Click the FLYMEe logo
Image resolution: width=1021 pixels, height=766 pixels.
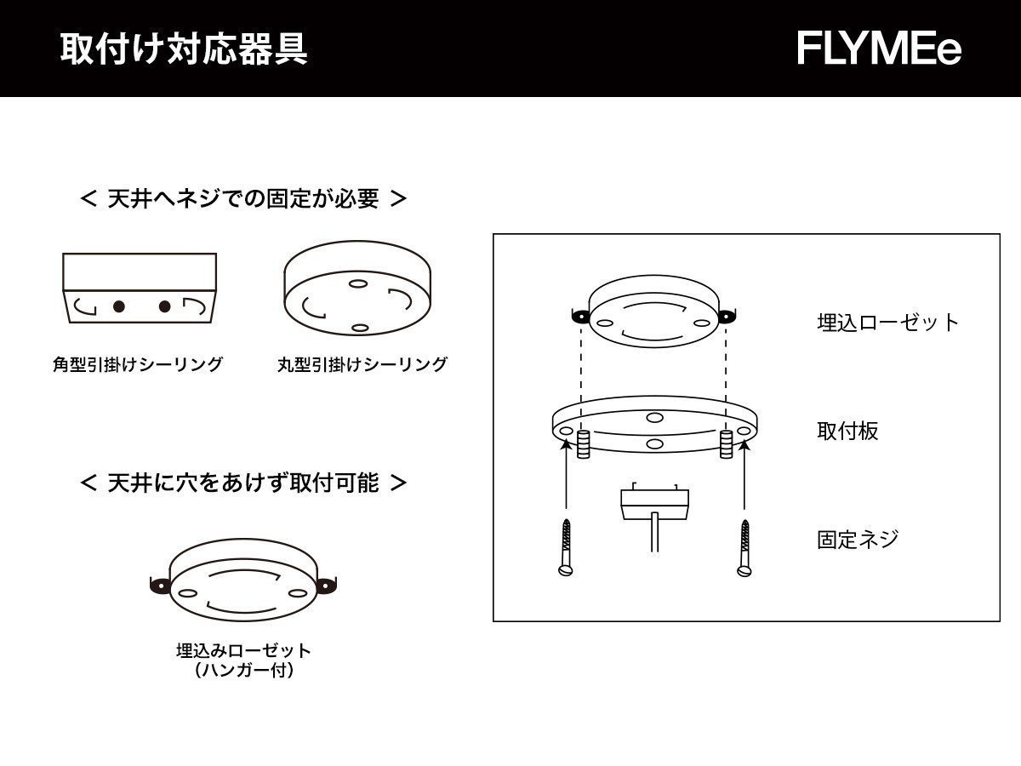click(x=879, y=49)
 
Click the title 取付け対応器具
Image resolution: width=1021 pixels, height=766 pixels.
click(x=184, y=49)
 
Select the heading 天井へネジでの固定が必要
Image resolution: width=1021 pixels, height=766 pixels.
click(x=242, y=199)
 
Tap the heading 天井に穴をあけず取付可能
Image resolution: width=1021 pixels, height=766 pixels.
click(x=242, y=483)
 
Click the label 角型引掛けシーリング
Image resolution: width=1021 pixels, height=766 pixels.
click(x=138, y=364)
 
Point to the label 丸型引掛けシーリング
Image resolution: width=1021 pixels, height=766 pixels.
click(x=362, y=364)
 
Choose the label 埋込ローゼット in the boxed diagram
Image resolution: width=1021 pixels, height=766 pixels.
click(x=887, y=322)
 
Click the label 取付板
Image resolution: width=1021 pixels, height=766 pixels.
click(x=847, y=431)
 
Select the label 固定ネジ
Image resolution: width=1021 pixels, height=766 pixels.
click(x=858, y=540)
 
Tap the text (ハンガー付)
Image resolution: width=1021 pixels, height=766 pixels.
click(x=243, y=671)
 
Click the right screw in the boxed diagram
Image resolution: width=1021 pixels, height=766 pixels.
click(x=745, y=548)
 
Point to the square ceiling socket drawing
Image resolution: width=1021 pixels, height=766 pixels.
click(x=140, y=289)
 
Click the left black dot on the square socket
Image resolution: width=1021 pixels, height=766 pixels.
click(x=119, y=306)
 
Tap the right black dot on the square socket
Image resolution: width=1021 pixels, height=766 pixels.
click(x=165, y=306)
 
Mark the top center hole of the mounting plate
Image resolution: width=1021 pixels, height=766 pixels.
click(x=653, y=416)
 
